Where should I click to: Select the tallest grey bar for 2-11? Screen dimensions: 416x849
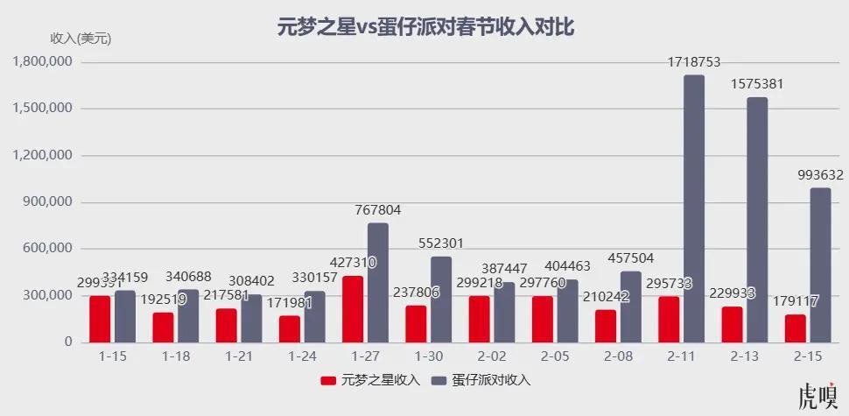(694, 208)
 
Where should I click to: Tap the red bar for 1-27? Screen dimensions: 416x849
(353, 309)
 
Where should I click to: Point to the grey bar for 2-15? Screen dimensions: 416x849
(820, 264)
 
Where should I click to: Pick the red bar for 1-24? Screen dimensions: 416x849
(290, 328)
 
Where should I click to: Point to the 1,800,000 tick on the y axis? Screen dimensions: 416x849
(42, 62)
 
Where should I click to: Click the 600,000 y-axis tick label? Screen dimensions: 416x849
(48, 249)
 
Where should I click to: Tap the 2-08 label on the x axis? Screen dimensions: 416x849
(617, 356)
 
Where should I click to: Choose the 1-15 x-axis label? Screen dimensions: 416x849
(113, 356)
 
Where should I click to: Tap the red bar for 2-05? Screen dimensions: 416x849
(542, 319)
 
